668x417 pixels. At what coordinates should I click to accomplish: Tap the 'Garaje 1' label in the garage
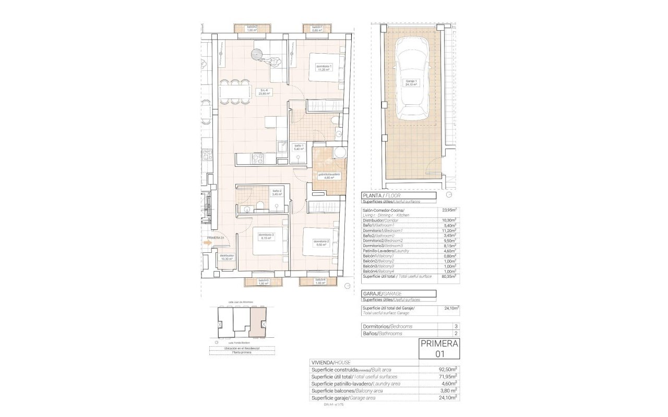coord(412,82)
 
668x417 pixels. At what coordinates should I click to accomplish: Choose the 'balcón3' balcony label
coord(264,281)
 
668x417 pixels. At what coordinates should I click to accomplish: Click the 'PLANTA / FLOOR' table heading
coord(381,195)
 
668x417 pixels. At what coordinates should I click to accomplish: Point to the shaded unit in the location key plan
coord(257,322)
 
